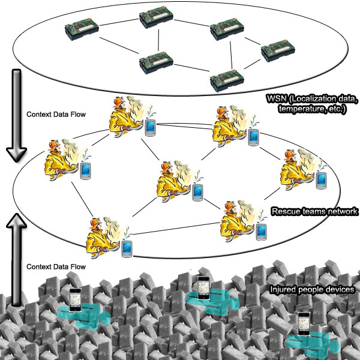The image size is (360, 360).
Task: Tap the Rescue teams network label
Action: coord(314,212)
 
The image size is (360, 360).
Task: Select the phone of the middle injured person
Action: coord(202,286)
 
